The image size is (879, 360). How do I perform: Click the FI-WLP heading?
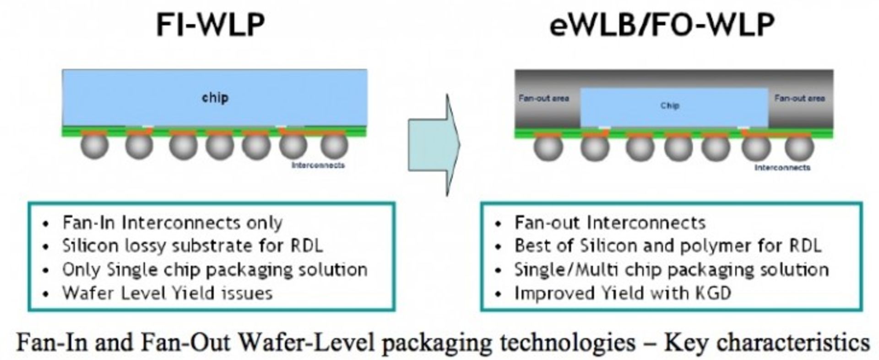(x=210, y=25)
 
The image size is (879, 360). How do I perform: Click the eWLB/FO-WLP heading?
(x=662, y=25)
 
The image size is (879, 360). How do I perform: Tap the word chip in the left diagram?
(x=215, y=98)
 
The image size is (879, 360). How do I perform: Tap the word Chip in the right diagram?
(x=669, y=106)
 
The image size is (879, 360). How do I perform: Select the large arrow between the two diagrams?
(x=434, y=145)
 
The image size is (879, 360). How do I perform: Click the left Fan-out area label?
(x=543, y=98)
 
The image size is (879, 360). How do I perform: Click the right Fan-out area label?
(x=799, y=98)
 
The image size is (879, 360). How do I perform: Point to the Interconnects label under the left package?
(x=318, y=165)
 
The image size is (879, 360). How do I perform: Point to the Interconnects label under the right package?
(x=782, y=168)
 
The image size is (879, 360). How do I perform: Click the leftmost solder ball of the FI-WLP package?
(x=95, y=146)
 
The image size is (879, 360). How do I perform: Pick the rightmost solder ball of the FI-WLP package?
(x=334, y=146)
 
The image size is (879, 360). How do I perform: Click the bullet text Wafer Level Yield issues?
(x=168, y=293)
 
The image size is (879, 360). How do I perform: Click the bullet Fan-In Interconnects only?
(x=172, y=223)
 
